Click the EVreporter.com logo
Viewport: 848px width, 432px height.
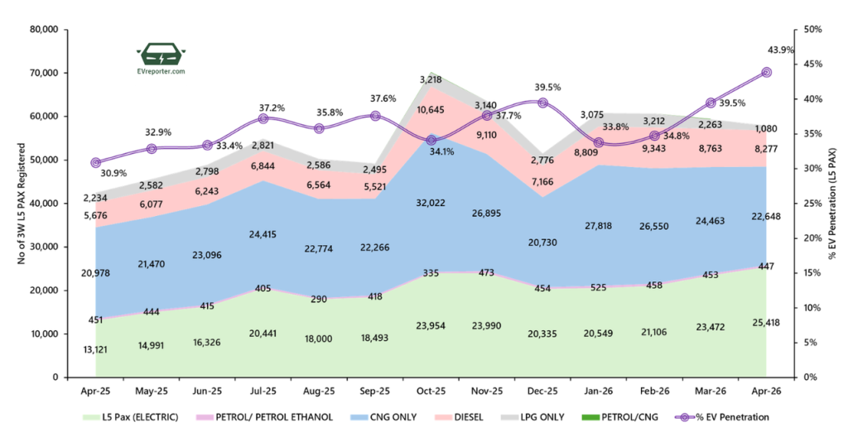point(161,59)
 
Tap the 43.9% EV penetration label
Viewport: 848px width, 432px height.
point(780,50)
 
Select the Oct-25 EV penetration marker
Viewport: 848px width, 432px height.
point(431,141)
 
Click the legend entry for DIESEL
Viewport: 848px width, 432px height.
point(459,417)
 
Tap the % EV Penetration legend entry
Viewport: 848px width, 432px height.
point(722,417)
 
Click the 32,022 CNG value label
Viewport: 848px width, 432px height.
point(431,204)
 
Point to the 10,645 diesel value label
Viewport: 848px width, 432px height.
point(431,110)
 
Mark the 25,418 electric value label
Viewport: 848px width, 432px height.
point(766,323)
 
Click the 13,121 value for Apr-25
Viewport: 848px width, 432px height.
point(95,350)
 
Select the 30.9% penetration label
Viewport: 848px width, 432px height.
point(113,174)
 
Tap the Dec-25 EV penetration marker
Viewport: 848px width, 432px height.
point(543,103)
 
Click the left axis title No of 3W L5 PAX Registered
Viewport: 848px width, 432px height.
point(22,204)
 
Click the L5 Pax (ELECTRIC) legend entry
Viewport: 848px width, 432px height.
point(130,417)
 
